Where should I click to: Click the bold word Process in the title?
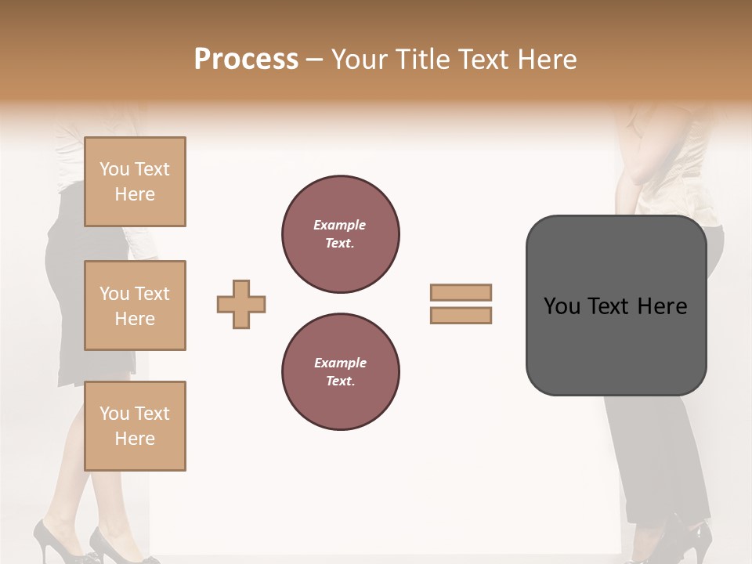tap(246, 60)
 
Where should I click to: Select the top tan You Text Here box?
tap(135, 182)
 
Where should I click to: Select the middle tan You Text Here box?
tap(135, 305)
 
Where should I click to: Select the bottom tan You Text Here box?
tap(135, 426)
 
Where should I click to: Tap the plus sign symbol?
tap(241, 304)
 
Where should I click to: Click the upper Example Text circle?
tap(341, 234)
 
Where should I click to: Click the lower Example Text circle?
tap(341, 372)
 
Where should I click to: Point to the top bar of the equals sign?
tap(461, 292)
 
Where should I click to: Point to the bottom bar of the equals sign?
tap(461, 315)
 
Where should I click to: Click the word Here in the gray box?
tap(662, 306)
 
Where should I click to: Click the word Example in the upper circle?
tap(340, 225)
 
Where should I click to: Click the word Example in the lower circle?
tap(340, 363)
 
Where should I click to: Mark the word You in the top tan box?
tap(114, 169)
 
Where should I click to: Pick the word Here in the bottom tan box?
tap(135, 439)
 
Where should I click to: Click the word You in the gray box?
tap(561, 306)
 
